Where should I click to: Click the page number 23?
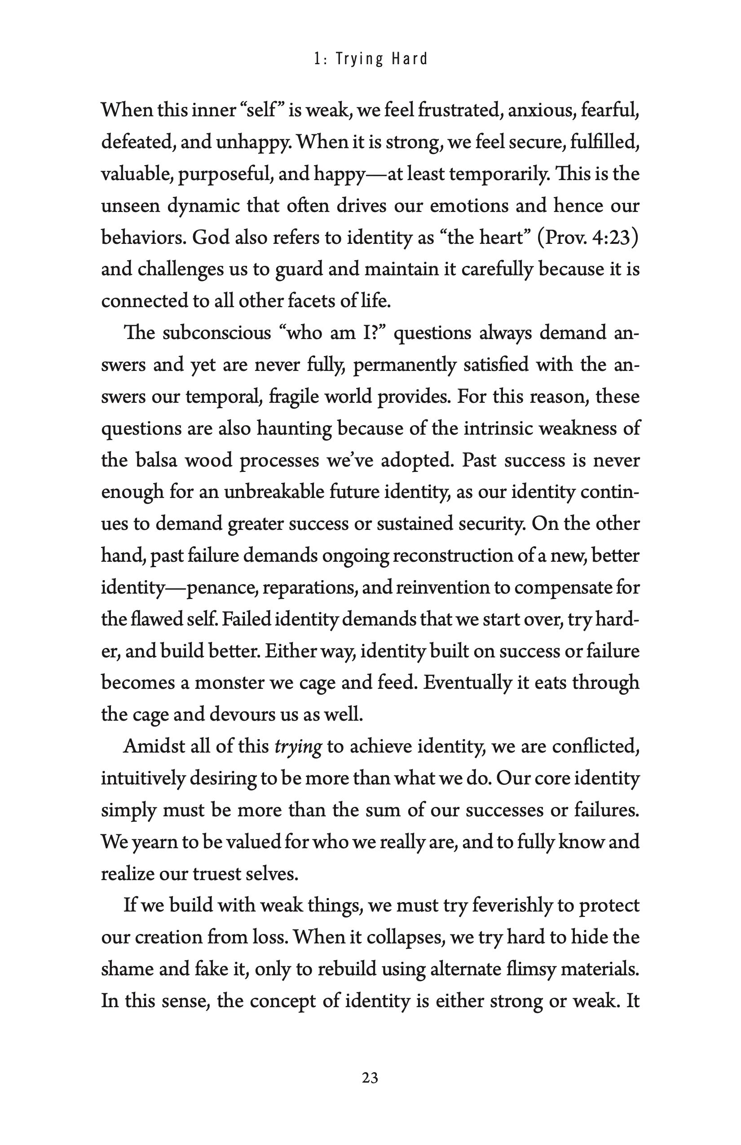370,1078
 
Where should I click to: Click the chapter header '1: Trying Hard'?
370,59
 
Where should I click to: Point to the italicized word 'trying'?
298,746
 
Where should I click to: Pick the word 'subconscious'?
216,333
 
